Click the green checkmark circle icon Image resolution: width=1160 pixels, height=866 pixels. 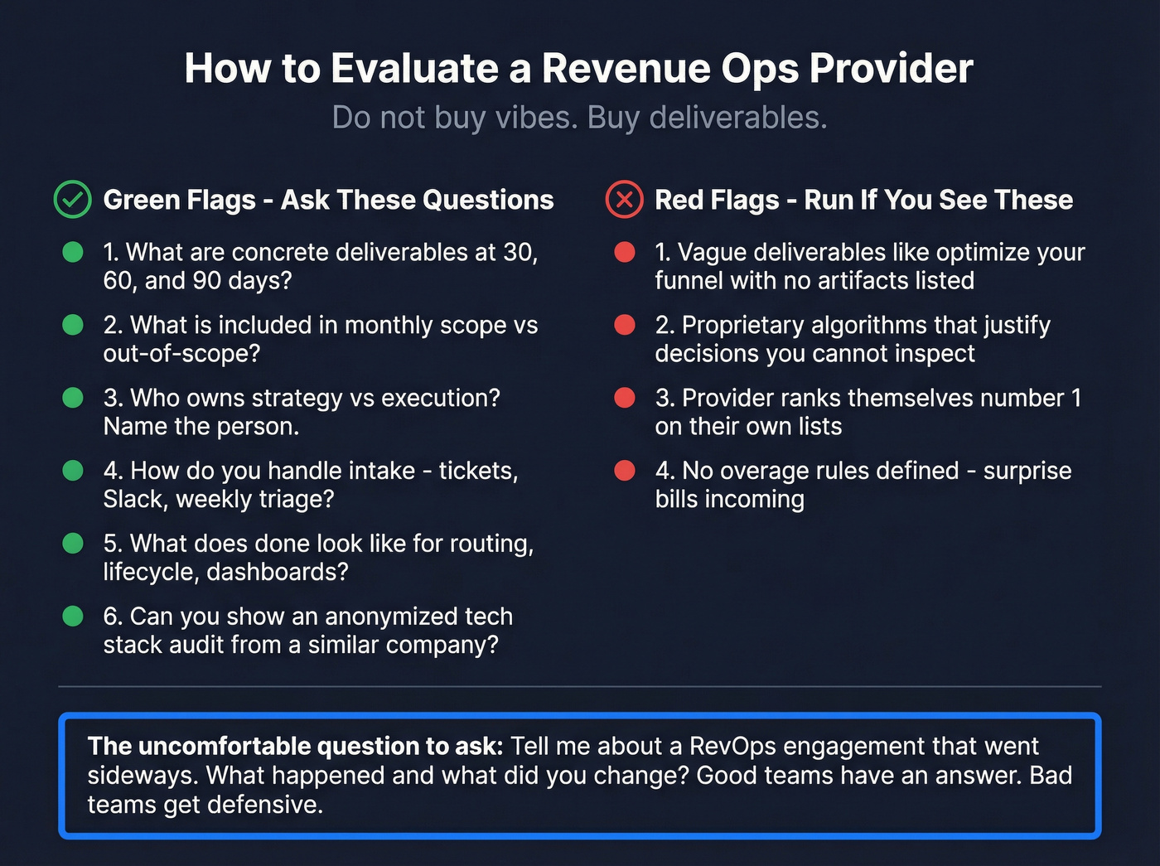[x=73, y=200]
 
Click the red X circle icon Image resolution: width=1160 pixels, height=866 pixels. [x=624, y=200]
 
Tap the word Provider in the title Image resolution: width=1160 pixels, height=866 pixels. [x=891, y=68]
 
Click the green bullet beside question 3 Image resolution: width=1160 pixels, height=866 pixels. [x=73, y=398]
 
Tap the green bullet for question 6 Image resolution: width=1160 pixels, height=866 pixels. [x=73, y=617]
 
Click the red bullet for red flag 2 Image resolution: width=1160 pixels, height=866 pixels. [x=625, y=325]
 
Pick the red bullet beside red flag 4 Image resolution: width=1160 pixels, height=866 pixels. [x=625, y=471]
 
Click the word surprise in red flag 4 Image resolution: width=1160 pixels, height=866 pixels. [x=1027, y=471]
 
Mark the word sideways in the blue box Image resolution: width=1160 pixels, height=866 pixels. [x=143, y=775]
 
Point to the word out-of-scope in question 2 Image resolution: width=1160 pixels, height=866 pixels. [x=181, y=353]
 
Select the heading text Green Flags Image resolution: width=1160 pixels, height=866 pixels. [x=179, y=200]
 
